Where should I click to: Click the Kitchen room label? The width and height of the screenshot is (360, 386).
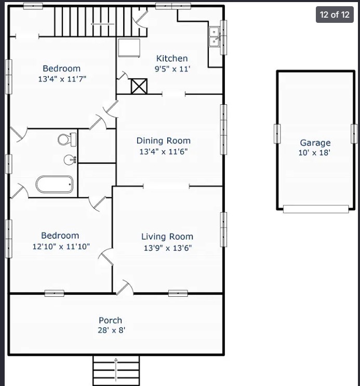click(172, 58)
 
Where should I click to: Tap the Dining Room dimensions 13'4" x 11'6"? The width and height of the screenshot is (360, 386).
click(164, 151)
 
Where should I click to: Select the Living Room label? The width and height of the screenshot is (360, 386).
click(167, 237)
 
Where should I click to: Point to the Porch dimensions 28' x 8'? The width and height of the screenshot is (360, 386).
click(111, 330)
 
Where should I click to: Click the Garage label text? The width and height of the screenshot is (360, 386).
click(315, 143)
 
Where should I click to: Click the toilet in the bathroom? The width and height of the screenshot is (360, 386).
click(67, 140)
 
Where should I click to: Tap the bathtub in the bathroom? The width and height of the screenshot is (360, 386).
click(55, 184)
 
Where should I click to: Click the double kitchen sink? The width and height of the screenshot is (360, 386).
click(214, 37)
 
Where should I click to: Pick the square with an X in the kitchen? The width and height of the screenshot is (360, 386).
click(139, 86)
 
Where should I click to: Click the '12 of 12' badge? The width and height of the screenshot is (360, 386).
click(335, 15)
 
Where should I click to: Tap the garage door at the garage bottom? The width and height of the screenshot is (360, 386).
click(316, 209)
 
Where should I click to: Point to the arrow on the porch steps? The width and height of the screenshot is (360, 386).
click(116, 371)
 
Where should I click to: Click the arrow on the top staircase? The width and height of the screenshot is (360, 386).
click(102, 24)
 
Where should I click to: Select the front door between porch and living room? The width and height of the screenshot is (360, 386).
click(125, 287)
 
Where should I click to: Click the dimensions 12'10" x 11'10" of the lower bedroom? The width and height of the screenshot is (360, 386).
click(61, 246)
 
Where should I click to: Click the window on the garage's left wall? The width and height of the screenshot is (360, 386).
click(277, 134)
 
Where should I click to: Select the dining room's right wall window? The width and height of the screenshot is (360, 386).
click(223, 130)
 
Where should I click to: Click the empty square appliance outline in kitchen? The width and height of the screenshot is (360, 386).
click(129, 48)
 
